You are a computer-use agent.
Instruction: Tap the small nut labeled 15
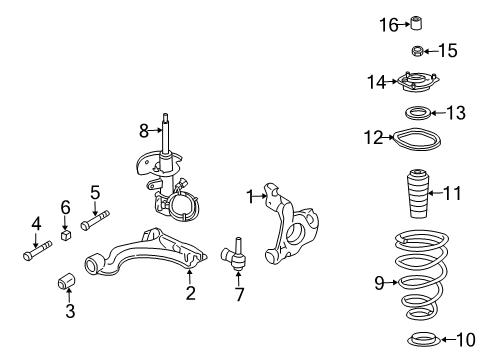pos(416,51)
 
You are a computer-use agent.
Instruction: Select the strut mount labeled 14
pos(415,82)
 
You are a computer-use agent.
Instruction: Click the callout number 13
pos(455,113)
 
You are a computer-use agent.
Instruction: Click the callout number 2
pos(190,293)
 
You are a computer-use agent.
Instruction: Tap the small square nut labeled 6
pos(66,237)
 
